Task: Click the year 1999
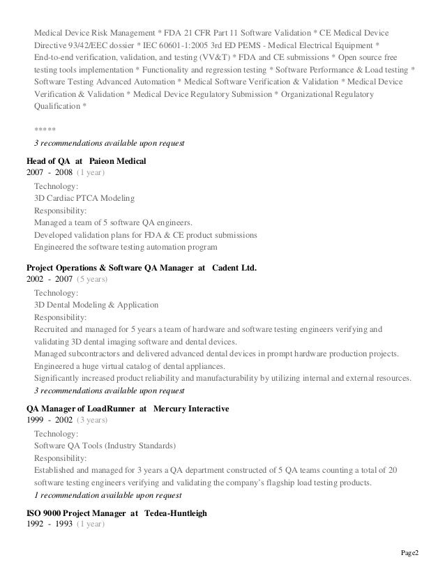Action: (36, 420)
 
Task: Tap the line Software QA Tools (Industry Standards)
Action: (105, 446)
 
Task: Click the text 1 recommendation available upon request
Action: (108, 496)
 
